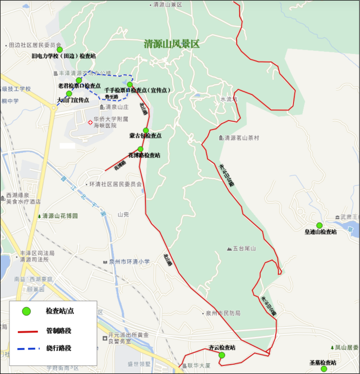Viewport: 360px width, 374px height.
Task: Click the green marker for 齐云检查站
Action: [x=222, y=355]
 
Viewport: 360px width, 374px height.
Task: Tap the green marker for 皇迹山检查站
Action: [x=319, y=225]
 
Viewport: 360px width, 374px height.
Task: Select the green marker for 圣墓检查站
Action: [x=324, y=369]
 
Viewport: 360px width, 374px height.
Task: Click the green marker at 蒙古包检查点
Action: [x=146, y=130]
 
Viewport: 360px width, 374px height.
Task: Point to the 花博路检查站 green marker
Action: [x=140, y=149]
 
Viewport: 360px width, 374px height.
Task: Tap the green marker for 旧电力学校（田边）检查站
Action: [x=60, y=50]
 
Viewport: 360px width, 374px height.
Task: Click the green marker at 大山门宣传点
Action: [x=69, y=94]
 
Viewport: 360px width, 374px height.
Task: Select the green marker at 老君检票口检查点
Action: [x=79, y=80]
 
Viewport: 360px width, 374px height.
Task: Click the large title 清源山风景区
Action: [x=172, y=44]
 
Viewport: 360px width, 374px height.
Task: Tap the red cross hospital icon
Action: [x=90, y=122]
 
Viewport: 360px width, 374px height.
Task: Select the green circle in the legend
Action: [x=26, y=311]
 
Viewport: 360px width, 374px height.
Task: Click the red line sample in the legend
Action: [x=28, y=332]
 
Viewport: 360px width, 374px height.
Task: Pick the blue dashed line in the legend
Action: [x=28, y=349]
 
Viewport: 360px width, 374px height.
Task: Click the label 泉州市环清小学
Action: [x=129, y=262]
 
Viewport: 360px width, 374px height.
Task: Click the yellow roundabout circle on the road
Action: [x=53, y=107]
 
